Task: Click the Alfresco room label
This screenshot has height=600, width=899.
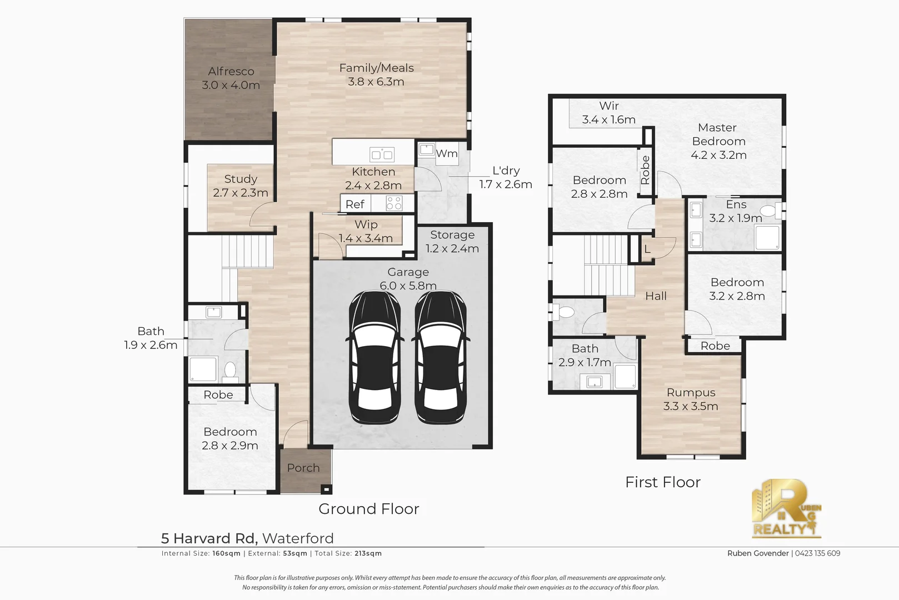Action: (231, 72)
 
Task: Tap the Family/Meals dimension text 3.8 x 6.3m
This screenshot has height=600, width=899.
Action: (376, 82)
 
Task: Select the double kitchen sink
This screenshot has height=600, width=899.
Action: (382, 154)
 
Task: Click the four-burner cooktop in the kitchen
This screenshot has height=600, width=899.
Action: (394, 203)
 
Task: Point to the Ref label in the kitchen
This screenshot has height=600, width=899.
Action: (355, 204)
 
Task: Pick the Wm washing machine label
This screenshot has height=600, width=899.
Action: (447, 153)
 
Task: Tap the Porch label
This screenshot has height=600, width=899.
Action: (303, 468)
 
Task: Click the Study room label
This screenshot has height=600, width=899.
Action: (241, 179)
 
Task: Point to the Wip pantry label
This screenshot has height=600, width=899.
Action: (366, 224)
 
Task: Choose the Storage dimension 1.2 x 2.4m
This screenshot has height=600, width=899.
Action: (452, 248)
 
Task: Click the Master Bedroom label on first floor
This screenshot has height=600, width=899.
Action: (718, 134)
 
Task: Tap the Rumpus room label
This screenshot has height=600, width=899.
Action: (691, 393)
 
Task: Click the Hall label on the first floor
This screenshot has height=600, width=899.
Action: (656, 296)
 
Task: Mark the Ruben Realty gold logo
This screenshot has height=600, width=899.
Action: (787, 508)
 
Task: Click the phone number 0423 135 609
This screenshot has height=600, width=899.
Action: (817, 553)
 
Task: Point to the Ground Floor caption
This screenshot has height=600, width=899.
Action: (369, 509)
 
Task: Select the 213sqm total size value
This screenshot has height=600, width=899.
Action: (368, 553)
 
